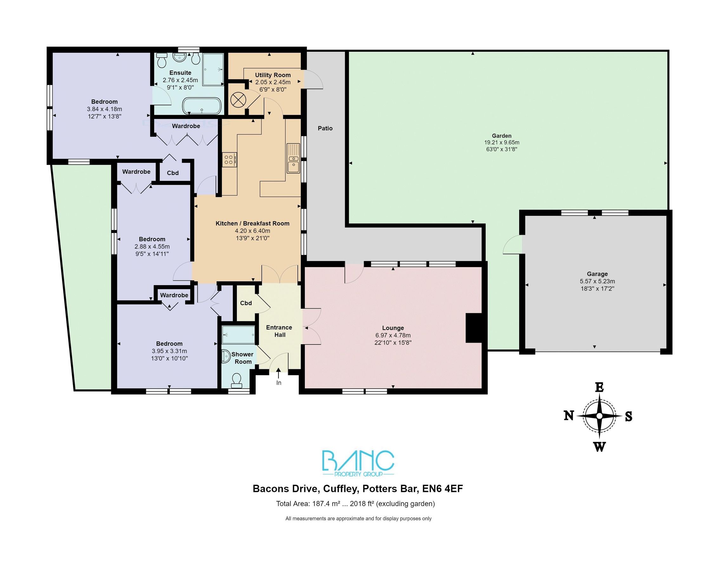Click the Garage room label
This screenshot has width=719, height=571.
pos(597,274)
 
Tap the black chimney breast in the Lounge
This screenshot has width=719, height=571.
pos(474,328)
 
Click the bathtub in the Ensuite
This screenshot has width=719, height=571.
pos(201,106)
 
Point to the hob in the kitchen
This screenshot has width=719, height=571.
pos(229,160)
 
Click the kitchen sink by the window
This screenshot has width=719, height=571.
pos(293,163)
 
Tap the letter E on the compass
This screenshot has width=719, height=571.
pos(599,387)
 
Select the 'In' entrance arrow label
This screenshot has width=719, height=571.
pos(279,383)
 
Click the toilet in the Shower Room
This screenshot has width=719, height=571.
pos(237,380)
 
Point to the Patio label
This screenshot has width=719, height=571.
pos(325,128)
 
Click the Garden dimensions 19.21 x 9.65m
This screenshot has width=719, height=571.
pos(501,142)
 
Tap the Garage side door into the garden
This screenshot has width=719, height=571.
pos(513,245)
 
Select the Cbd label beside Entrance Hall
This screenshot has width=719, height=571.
pos(246,303)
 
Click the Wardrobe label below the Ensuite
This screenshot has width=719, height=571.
pos(186,126)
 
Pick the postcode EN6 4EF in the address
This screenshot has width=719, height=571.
pos(442,489)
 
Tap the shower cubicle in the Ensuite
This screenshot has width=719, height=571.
pos(213,69)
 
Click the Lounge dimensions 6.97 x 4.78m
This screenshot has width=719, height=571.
pos(393,335)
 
